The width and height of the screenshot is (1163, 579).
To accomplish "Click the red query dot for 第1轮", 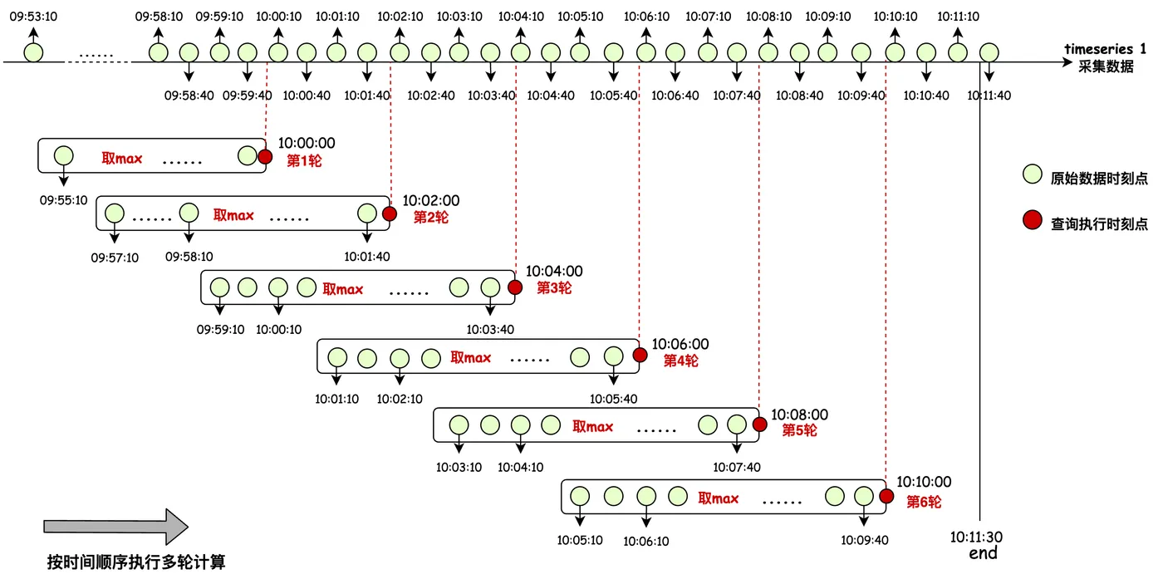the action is point(265,156).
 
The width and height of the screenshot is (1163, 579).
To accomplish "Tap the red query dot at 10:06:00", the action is point(640,356).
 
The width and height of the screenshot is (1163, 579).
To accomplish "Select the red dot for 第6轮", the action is point(887,497).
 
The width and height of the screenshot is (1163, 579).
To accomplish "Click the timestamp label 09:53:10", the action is point(33,17).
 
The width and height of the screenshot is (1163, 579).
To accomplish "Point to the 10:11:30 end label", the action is point(977,544).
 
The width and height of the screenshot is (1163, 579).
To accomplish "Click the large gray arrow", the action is point(115,527).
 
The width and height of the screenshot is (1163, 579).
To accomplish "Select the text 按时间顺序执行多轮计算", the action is point(136,562).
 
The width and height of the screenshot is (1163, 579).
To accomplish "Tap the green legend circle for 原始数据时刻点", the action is point(1033,174).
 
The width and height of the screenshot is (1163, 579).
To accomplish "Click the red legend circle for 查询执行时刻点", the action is point(1033,220).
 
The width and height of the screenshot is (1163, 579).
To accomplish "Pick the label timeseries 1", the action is point(1105,49).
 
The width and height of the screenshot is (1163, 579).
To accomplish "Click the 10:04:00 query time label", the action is point(554,271).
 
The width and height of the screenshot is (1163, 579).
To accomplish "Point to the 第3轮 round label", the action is point(554,288).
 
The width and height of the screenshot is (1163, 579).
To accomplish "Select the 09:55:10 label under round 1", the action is point(63,200).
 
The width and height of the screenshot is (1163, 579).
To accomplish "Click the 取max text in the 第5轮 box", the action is point(593,427).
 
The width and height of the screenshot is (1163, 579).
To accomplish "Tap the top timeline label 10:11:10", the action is point(958,17).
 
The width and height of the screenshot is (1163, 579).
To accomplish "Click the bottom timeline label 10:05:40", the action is point(613,96).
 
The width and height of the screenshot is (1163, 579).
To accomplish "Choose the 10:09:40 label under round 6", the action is point(865,541).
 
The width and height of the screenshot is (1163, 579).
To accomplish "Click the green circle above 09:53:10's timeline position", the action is point(34,52).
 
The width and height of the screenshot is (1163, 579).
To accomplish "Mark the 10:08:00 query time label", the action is point(799,415).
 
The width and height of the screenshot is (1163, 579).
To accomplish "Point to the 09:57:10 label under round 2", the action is point(115,258).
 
